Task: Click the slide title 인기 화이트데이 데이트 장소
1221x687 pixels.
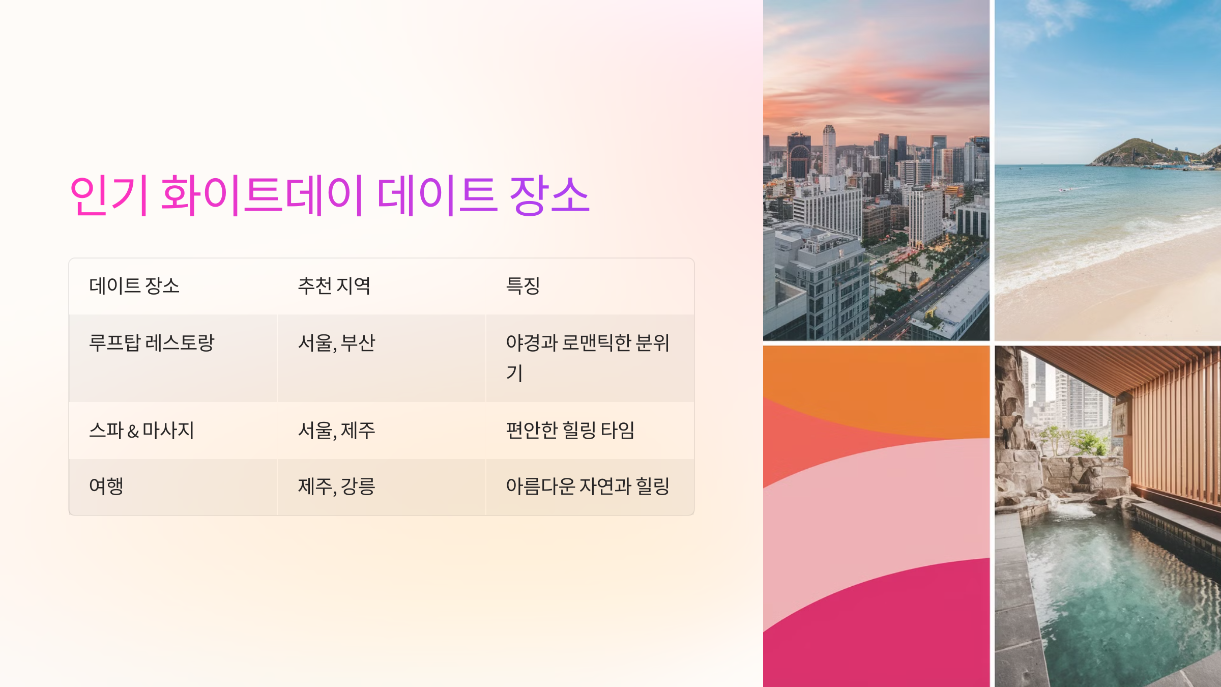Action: [329, 195]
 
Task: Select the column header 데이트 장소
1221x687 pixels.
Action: [134, 286]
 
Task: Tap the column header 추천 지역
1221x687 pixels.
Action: [334, 286]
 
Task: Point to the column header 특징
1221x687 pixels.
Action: [522, 286]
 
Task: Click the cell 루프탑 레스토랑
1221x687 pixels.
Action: [152, 343]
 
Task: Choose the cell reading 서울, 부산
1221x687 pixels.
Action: [336, 343]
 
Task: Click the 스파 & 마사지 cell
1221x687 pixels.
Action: [141, 431]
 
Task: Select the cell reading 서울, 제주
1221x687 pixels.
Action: [336, 431]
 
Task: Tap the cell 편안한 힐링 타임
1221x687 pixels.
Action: [570, 431]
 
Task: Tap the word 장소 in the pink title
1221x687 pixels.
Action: [549, 195]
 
